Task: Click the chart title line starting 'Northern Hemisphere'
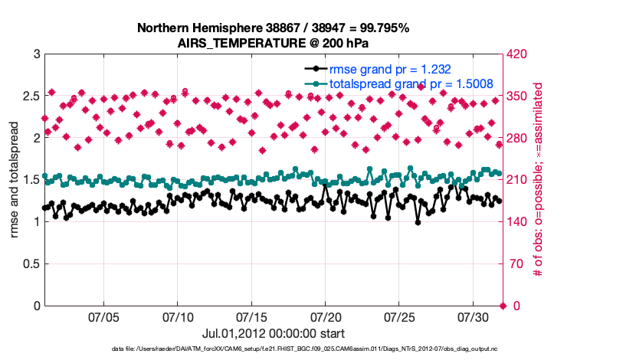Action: tap(273, 28)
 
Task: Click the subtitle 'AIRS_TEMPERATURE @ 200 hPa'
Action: tap(273, 43)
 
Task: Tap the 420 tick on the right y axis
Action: tap(517, 54)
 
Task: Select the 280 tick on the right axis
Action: tap(517, 139)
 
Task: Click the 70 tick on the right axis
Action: tap(514, 264)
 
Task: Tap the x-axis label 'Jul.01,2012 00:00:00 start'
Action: tap(273, 333)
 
